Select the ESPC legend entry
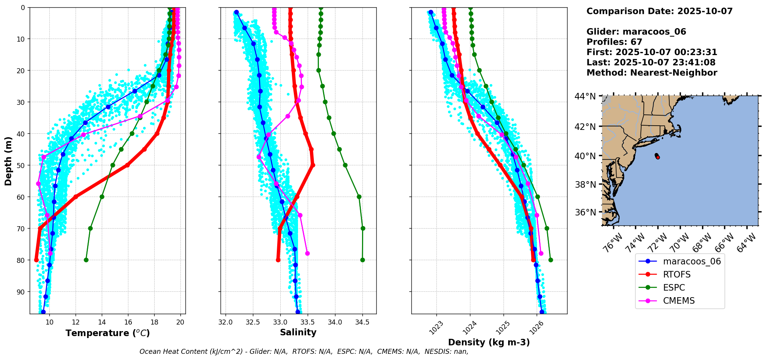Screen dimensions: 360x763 674,288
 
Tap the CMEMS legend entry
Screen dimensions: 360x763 679,301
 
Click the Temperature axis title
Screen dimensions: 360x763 108,333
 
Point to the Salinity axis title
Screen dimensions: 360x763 298,332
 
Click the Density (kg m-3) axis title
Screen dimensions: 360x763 489,342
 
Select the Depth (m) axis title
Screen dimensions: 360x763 8,161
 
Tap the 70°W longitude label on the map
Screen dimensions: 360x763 680,243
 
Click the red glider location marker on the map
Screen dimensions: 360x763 657,157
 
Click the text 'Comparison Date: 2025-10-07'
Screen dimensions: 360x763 659,11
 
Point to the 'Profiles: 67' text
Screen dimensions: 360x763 614,42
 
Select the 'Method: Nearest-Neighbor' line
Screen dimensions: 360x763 652,73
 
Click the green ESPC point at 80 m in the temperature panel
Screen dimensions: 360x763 86,260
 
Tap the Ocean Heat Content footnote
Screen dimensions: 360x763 304,352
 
